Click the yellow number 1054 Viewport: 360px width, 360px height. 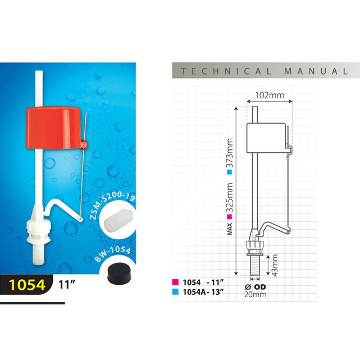point(26,285)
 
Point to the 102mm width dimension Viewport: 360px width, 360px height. point(270,95)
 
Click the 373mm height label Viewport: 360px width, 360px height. point(229,153)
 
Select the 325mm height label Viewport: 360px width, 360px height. point(229,198)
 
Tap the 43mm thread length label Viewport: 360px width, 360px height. point(275,265)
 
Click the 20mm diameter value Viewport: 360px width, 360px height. point(256,294)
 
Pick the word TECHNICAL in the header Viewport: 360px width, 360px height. point(226,71)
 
